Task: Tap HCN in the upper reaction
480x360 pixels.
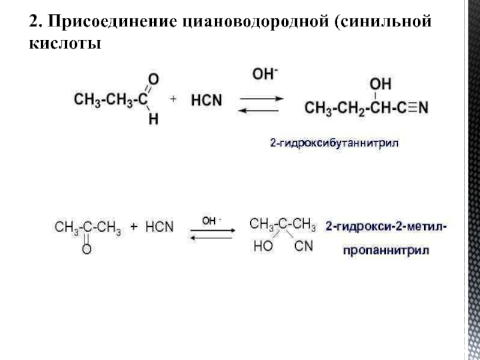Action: pos(207,101)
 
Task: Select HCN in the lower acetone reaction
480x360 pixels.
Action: pos(159,227)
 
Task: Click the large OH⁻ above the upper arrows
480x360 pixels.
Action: pos(264,74)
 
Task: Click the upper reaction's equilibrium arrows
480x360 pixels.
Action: pos(259,104)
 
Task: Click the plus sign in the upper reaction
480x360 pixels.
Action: pos(173,100)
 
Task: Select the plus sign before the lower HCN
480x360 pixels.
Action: pos(134,227)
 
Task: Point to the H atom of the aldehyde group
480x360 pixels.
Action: pos(154,119)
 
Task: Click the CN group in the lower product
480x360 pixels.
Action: pos(304,246)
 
